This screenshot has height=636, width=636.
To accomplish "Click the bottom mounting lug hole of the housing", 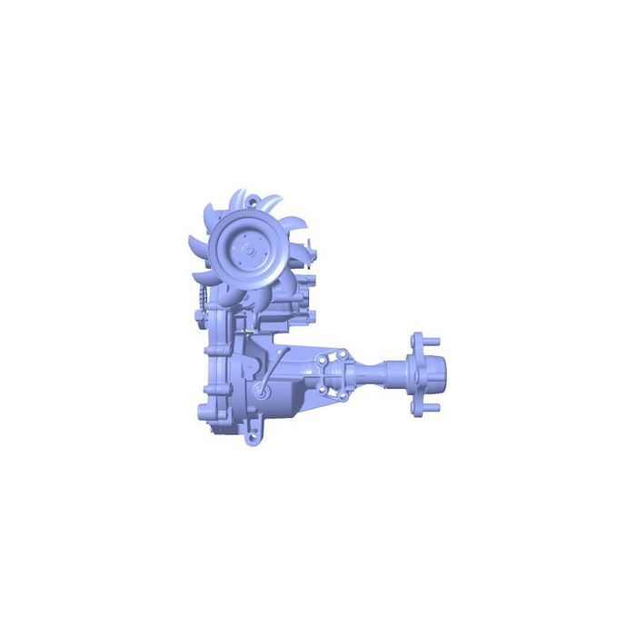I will pyautogui.click(x=249, y=440).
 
